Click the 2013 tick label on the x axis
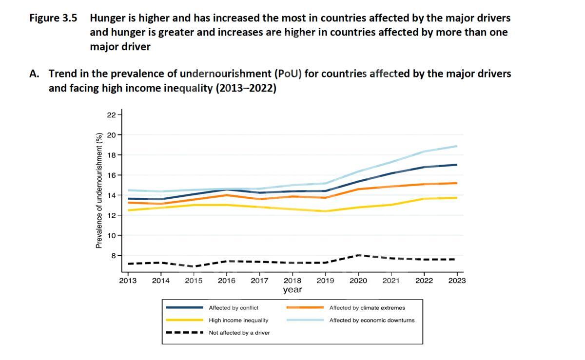pyautogui.click(x=128, y=281)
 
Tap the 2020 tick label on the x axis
pyautogui.click(x=358, y=281)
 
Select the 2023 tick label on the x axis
pyautogui.click(x=457, y=281)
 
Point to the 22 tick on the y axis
pyautogui.click(x=112, y=115)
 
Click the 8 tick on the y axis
pyautogui.click(x=114, y=255)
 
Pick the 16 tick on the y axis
pyautogui.click(x=112, y=175)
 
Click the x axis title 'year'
pyautogui.click(x=292, y=290)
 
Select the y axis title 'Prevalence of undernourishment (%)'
pyautogui.click(x=99, y=190)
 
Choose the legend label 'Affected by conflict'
pyautogui.click(x=234, y=308)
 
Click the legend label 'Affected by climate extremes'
pyautogui.click(x=367, y=308)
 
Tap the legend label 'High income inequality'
pyautogui.click(x=238, y=321)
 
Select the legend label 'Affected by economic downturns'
pyautogui.click(x=372, y=321)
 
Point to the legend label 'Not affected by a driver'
pyautogui.click(x=239, y=333)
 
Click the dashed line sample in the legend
pyautogui.click(x=184, y=333)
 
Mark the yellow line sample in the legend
pyautogui.click(x=184, y=320)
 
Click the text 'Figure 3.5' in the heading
pyautogui.click(x=53, y=19)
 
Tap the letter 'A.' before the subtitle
pyautogui.click(x=34, y=74)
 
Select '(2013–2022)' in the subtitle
pyautogui.click(x=246, y=88)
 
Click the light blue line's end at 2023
pyautogui.click(x=457, y=146)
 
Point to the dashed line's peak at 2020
pyautogui.click(x=358, y=255)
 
